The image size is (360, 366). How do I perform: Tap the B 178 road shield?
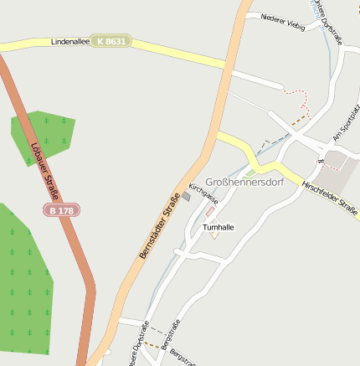(x=62, y=211)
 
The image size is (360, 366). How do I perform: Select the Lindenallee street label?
(x=69, y=40)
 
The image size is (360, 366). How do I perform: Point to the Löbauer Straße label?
(x=39, y=163)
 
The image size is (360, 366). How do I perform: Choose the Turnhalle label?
(x=218, y=226)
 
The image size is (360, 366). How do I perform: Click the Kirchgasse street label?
(x=203, y=194)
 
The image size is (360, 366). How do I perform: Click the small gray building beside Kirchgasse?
(x=186, y=197)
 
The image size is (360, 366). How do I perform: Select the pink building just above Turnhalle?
(x=209, y=212)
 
